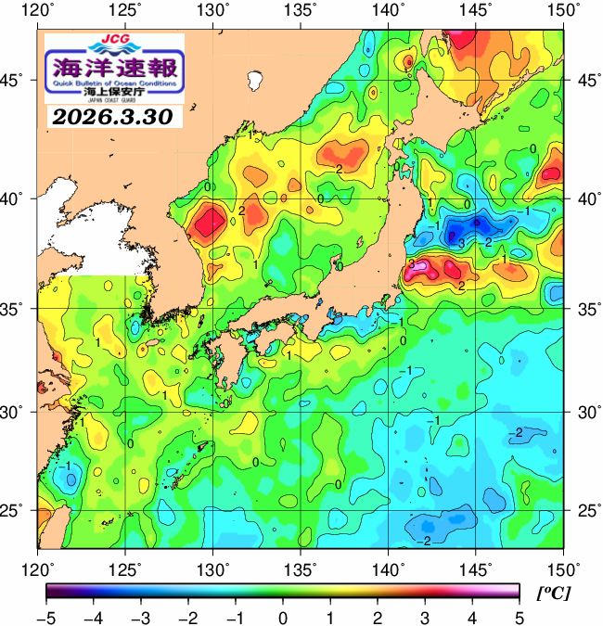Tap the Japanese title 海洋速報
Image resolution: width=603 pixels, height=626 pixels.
click(x=114, y=66)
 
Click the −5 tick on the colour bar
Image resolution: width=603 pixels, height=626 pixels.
click(x=46, y=617)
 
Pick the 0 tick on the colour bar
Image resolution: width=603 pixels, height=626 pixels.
click(x=283, y=617)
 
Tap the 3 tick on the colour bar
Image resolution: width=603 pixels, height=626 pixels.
click(x=425, y=617)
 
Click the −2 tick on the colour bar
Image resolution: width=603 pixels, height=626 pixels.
click(x=188, y=617)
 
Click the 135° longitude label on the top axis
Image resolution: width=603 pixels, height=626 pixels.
click(x=302, y=10)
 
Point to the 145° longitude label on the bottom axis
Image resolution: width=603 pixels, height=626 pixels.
click(x=478, y=567)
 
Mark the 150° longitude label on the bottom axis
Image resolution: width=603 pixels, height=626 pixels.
click(x=564, y=567)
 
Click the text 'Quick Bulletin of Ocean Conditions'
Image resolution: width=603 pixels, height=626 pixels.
click(x=114, y=83)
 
